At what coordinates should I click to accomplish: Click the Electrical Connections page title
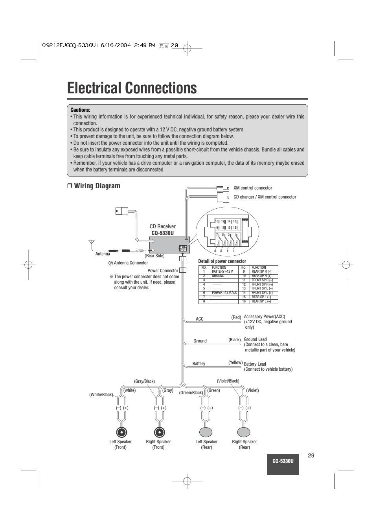pyautogui.click(x=132, y=88)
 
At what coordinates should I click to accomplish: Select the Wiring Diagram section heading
pyautogui.click(x=97, y=186)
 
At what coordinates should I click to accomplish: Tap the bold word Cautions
pyautogui.click(x=80, y=110)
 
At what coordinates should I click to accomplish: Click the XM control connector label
pyautogui.click(x=252, y=188)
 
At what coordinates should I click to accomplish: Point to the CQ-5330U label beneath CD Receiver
pyautogui.click(x=162, y=233)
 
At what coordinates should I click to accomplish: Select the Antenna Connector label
pyautogui.click(x=131, y=263)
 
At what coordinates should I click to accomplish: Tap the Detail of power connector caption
pyautogui.click(x=222, y=261)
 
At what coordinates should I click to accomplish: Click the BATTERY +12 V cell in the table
pyautogui.click(x=222, y=271)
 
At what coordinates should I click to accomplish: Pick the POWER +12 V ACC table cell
pyautogui.click(x=224, y=293)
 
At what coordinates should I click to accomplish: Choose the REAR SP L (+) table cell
pyautogui.click(x=261, y=301)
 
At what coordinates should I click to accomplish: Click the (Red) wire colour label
pyautogui.click(x=236, y=317)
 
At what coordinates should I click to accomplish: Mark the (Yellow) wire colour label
pyautogui.click(x=235, y=362)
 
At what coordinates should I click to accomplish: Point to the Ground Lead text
pyautogui.click(x=255, y=339)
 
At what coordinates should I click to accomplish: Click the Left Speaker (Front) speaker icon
pyautogui.click(x=121, y=432)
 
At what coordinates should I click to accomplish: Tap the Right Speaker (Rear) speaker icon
pyautogui.click(x=244, y=432)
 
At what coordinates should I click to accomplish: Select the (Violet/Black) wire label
pyautogui.click(x=228, y=381)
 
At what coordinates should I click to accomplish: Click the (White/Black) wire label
pyautogui.click(x=101, y=395)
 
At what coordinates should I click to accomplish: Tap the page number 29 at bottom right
pyautogui.click(x=311, y=455)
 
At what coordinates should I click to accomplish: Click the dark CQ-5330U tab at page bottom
pyautogui.click(x=283, y=461)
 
